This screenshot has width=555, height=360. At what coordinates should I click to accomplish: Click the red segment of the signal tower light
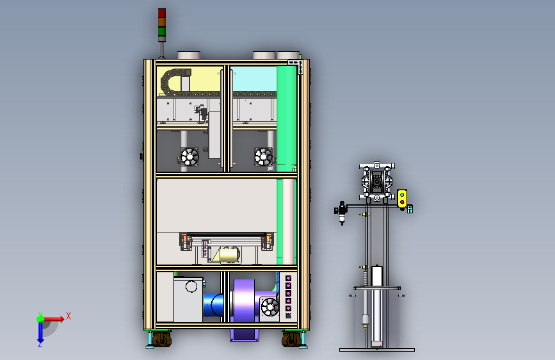click(x=162, y=13)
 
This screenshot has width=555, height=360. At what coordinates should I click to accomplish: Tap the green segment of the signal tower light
click(x=162, y=31)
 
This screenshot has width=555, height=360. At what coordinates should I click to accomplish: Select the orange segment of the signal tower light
click(x=162, y=22)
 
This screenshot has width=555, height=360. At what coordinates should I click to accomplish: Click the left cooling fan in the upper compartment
click(x=189, y=156)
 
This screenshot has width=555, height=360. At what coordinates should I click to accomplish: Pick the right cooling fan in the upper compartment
click(x=264, y=156)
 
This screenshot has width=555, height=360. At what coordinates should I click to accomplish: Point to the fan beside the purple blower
click(x=269, y=307)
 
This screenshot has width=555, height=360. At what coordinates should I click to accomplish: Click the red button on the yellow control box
click(x=402, y=202)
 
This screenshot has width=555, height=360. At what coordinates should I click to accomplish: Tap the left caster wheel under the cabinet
click(x=161, y=340)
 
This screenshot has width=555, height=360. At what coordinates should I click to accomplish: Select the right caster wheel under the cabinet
click(x=291, y=340)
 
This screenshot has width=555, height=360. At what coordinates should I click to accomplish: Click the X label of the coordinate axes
click(x=68, y=316)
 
